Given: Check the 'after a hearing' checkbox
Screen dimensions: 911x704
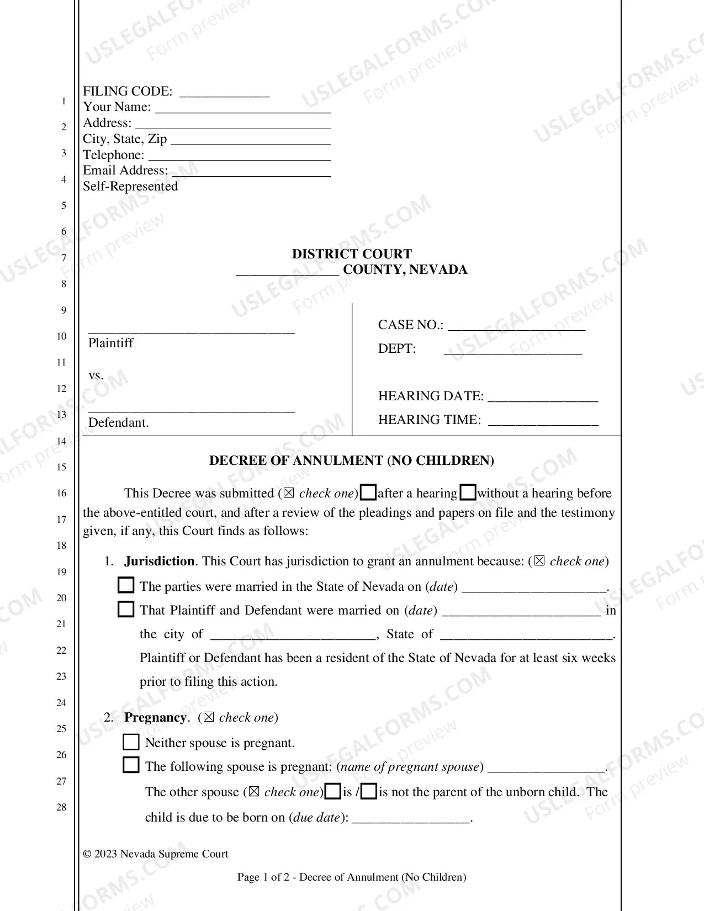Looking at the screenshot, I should point(368,492).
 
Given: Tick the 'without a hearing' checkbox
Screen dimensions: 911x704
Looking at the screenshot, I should point(468,492).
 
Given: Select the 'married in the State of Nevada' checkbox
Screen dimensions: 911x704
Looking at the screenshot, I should point(126,585).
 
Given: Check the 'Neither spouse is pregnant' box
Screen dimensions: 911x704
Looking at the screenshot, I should point(131,742).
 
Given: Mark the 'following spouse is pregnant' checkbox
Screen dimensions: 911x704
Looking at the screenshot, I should point(131,765).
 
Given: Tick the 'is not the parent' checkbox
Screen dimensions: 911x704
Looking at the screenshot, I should point(369,792).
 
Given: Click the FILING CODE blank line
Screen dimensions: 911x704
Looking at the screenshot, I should point(225,92).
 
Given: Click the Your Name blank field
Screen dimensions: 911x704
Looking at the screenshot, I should point(243,108).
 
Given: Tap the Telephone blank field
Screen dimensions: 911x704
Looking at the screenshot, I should point(239,156).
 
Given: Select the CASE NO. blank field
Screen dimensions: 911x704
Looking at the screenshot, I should point(516,326).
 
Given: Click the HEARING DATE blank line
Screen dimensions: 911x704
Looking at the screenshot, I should point(543,397).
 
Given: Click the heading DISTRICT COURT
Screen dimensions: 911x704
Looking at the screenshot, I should point(352,254).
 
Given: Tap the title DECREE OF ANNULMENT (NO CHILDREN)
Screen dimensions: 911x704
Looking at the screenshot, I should point(352,460).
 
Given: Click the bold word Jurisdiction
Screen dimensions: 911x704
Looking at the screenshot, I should point(159,561).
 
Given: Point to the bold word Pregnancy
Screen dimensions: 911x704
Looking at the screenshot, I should point(155,717).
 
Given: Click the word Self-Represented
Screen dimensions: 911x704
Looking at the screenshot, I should point(130,187).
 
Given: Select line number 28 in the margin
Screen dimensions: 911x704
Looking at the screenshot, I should point(61,807).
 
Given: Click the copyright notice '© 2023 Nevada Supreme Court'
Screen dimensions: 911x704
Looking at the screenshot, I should point(156,854).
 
